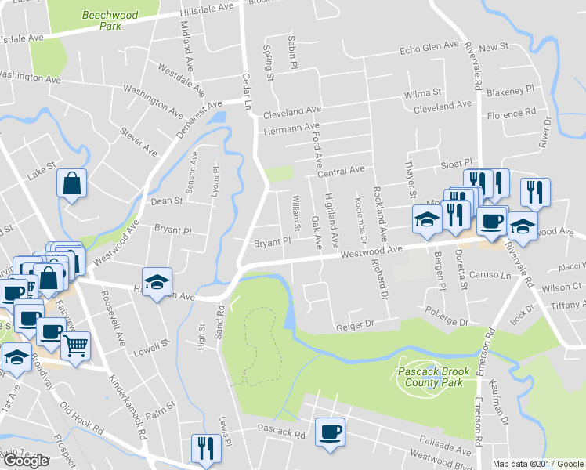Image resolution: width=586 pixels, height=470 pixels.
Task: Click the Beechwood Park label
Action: [101, 20]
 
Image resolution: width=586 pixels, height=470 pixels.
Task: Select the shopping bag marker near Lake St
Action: [71, 185]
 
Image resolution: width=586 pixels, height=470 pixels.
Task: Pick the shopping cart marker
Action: [75, 345]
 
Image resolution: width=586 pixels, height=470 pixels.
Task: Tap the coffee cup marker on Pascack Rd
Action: [330, 431]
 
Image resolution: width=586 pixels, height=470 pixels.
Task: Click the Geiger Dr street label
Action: [356, 325]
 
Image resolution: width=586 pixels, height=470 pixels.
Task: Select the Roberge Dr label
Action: [447, 320]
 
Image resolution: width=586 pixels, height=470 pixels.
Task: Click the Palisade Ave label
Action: [446, 445]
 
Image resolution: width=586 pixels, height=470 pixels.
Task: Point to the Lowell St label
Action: [154, 345]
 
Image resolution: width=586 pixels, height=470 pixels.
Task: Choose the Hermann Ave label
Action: [292, 128]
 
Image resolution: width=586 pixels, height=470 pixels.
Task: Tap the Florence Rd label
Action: [511, 114]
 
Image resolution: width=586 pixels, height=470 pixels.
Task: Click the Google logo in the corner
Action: [25, 461]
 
